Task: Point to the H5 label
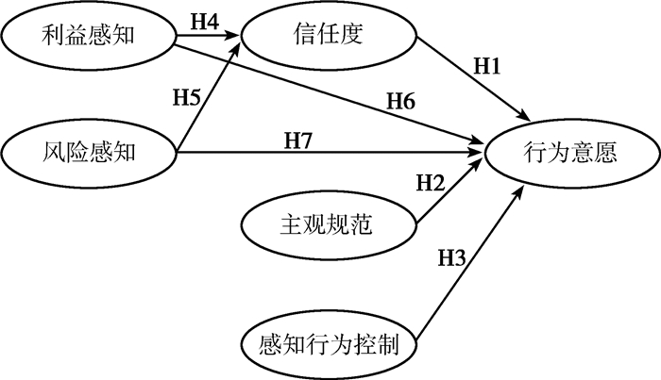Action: [188, 95]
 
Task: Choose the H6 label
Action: [399, 100]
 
